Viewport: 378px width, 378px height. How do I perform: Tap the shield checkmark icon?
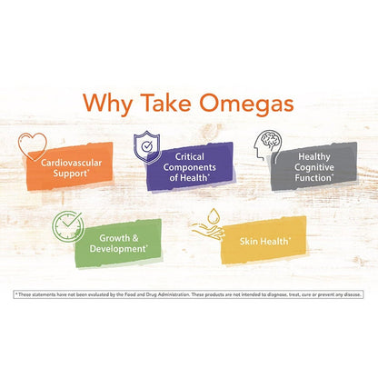(147, 146)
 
